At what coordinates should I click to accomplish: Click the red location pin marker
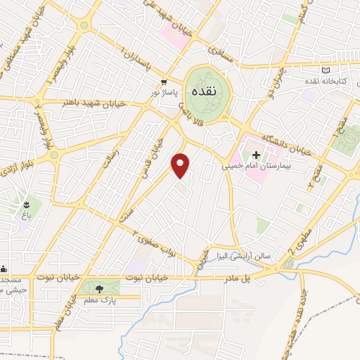point(182,166)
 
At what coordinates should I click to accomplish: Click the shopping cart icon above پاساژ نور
point(163,81)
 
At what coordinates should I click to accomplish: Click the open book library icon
point(325,71)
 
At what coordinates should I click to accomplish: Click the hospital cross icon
point(256,154)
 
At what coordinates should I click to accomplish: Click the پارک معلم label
point(98,300)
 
